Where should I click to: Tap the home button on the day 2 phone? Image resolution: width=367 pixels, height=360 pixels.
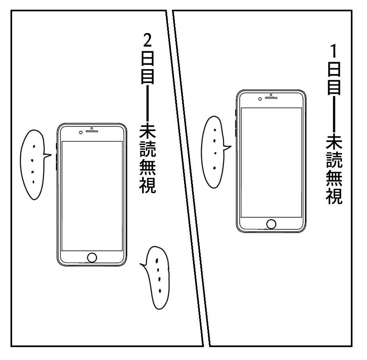click(92, 257)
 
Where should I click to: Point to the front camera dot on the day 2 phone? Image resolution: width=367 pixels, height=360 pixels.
click(81, 132)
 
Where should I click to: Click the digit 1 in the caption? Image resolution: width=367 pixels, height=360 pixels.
click(334, 52)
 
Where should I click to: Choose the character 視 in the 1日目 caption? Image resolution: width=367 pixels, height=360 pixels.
click(335, 196)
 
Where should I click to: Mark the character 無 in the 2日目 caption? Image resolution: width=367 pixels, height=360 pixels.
click(148, 168)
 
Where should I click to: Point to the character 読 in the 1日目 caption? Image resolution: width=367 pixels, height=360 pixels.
click(335, 161)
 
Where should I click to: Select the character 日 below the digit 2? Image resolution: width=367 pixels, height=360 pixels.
click(148, 59)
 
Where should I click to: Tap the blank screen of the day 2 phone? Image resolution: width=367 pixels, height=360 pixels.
click(92, 196)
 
